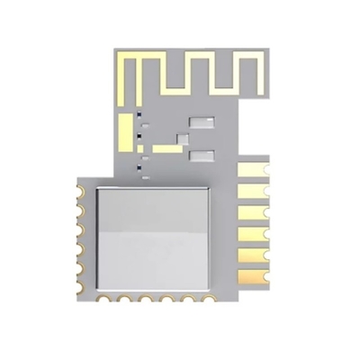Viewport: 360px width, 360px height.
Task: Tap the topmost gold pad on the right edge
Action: pyautogui.click(x=252, y=168)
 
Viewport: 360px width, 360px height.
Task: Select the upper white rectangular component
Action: pyautogui.click(x=201, y=121)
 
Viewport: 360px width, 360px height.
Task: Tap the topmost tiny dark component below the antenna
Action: pyautogui.click(x=139, y=116)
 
